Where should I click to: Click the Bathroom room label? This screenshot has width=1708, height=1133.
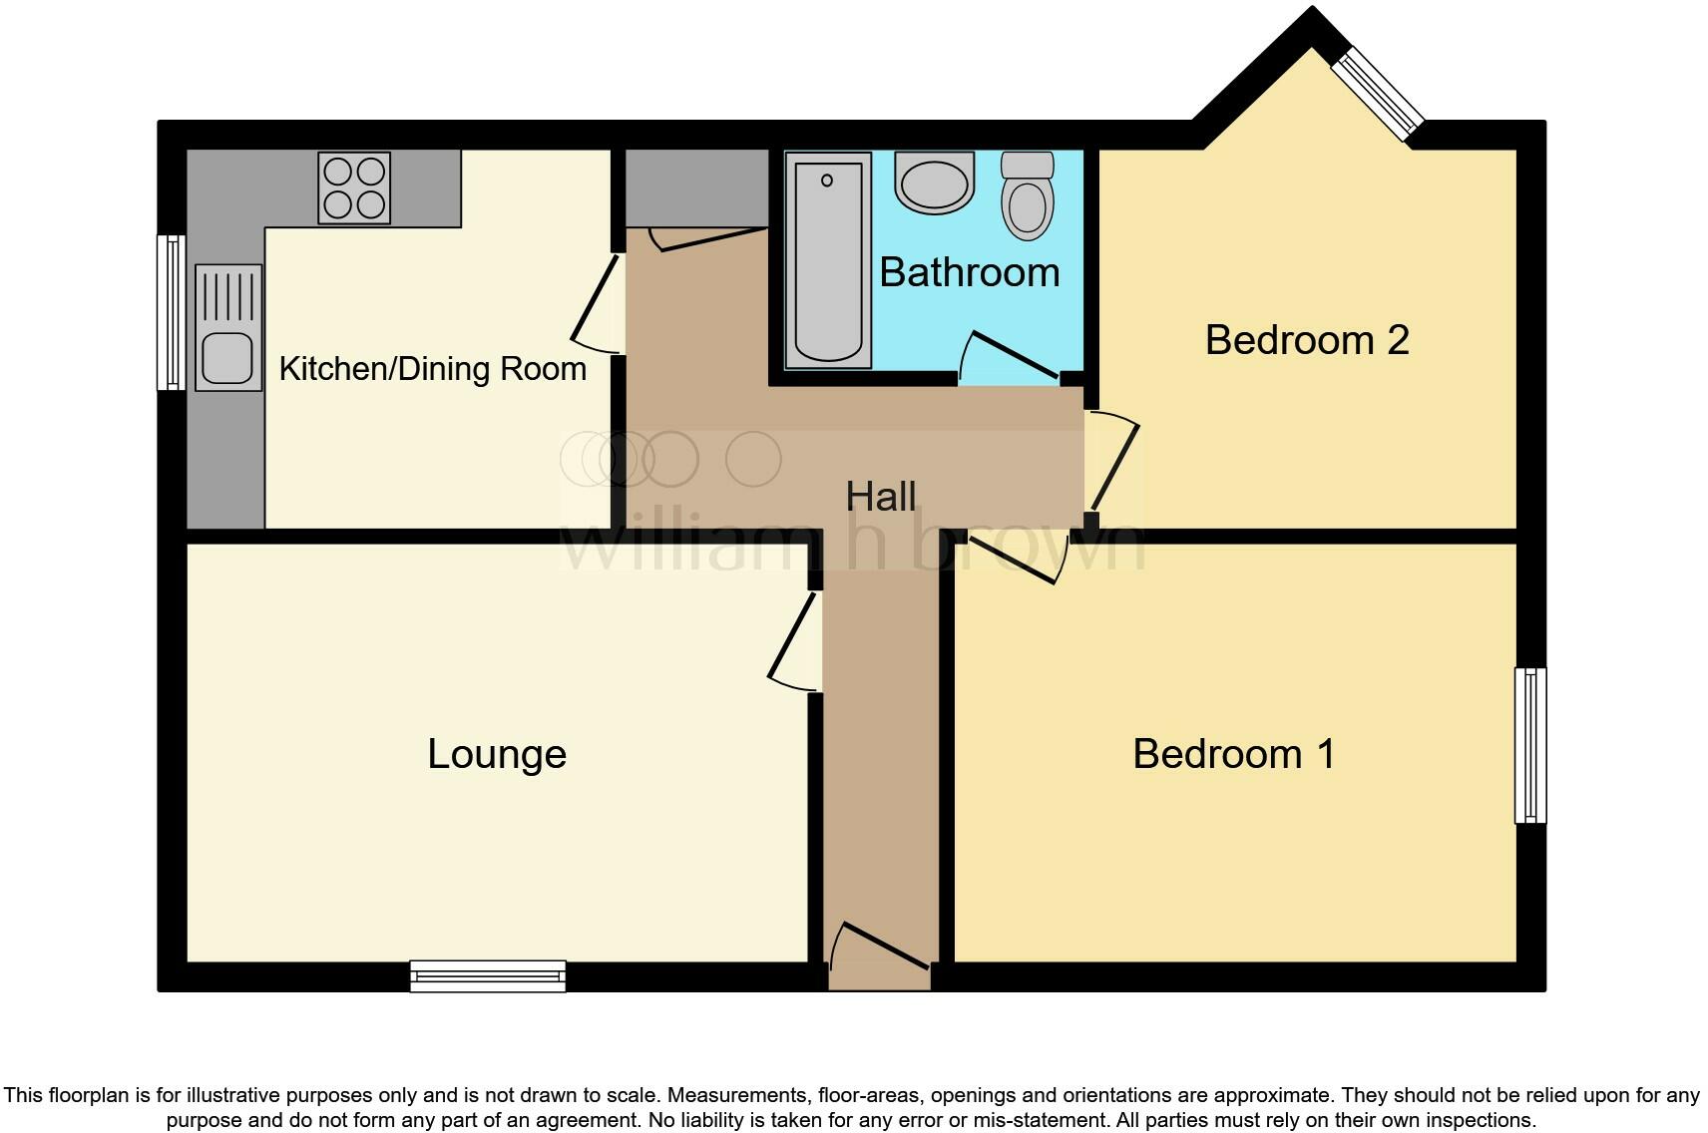tap(969, 272)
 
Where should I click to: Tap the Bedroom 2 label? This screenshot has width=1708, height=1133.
tap(1306, 340)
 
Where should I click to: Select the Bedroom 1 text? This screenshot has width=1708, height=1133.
tap(1233, 754)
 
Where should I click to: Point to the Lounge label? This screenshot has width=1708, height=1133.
tap(497, 754)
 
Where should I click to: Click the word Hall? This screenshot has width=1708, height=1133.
tap(880, 497)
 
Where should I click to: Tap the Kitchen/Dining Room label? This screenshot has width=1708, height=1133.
tap(432, 369)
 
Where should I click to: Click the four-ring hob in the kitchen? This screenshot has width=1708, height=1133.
tap(354, 188)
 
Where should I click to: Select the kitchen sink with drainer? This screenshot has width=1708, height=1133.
tap(228, 327)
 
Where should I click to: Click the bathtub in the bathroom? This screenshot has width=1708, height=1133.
tap(828, 261)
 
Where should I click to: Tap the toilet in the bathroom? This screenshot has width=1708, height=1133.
tap(1028, 195)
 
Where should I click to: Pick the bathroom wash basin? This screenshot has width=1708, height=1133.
tap(935, 183)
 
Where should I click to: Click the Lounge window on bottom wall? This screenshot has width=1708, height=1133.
tap(488, 976)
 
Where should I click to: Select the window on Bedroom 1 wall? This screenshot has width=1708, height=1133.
tap(1530, 745)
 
